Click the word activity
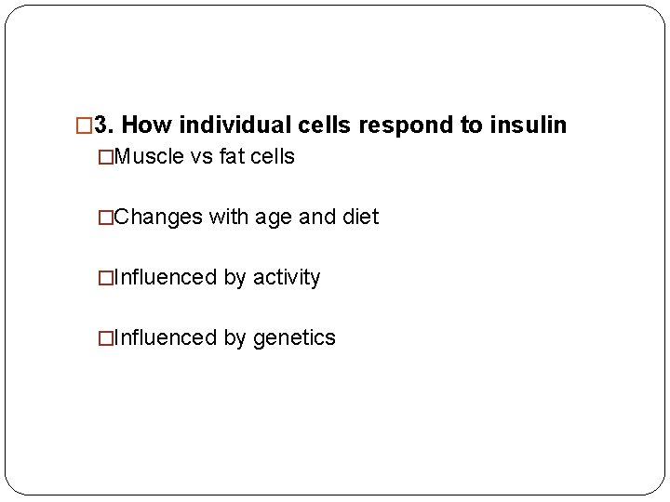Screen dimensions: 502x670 point(286,278)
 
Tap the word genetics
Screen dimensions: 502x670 point(294,338)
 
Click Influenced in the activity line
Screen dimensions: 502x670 point(164,278)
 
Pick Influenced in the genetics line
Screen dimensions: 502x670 point(164,338)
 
